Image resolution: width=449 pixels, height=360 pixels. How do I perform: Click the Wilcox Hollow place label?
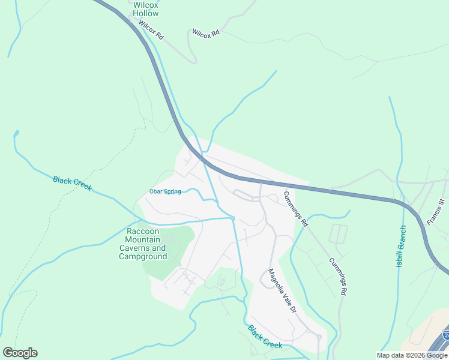pos(146,9)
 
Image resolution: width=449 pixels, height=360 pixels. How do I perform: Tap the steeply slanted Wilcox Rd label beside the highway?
pos(151,30)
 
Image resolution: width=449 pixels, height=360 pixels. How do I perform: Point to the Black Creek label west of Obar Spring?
pos(72,183)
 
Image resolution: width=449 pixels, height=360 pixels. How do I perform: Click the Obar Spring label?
pos(165,192)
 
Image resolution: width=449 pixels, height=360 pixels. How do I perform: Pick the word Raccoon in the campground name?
pos(142,231)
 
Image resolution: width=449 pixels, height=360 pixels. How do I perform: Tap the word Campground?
pos(142,256)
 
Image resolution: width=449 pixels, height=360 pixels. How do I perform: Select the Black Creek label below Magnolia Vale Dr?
pos(265,337)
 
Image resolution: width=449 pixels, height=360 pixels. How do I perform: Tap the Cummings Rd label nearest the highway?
pos(295,208)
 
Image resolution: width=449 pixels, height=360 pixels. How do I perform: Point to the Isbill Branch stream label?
pos(401,247)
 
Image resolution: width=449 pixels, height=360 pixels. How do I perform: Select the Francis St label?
pos(435,212)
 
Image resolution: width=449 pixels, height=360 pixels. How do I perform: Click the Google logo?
pos(20,352)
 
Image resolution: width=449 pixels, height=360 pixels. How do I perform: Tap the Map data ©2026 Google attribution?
pos(412,355)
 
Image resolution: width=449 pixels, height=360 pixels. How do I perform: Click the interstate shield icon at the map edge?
pos(445,334)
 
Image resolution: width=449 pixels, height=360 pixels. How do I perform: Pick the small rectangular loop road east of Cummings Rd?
pos(339,233)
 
